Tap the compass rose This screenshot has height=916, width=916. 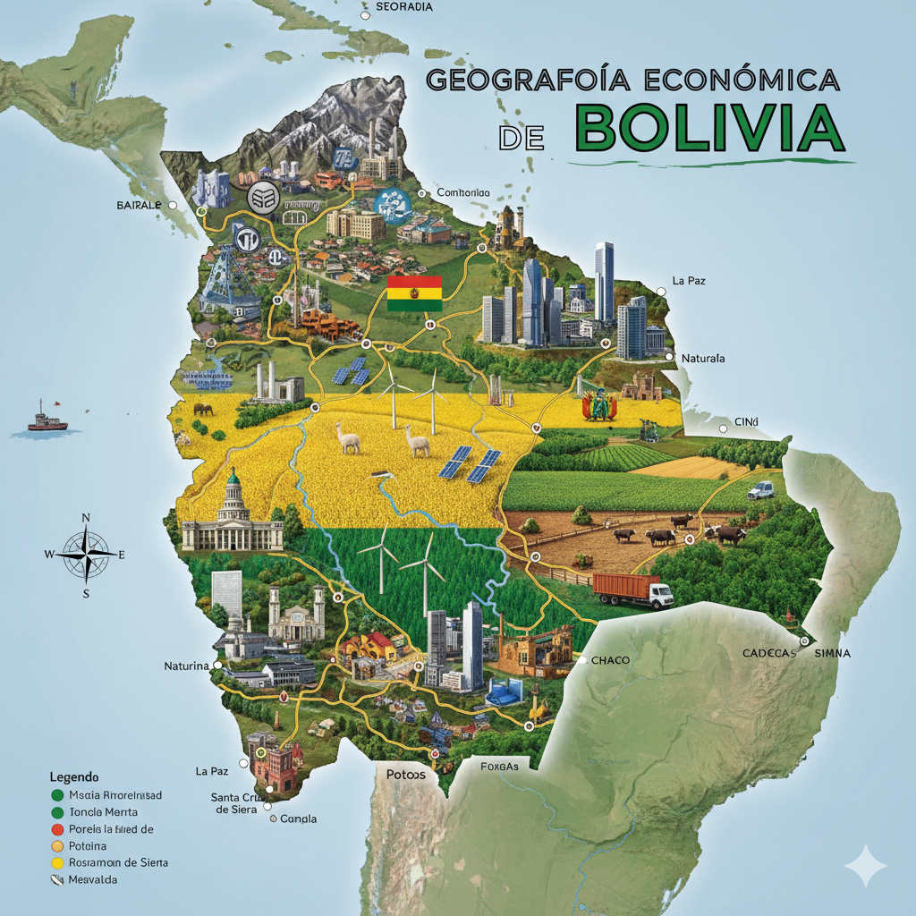(86, 554)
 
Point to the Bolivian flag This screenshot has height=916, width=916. (414, 293)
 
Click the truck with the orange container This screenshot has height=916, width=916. (632, 590)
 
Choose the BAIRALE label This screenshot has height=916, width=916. (139, 205)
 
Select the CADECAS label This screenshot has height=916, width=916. (768, 653)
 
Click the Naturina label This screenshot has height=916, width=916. (186, 666)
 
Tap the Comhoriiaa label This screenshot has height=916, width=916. (462, 192)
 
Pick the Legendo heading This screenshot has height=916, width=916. (74, 776)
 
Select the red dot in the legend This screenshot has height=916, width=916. (58, 829)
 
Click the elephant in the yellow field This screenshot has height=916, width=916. (203, 409)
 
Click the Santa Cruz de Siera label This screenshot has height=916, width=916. (236, 802)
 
